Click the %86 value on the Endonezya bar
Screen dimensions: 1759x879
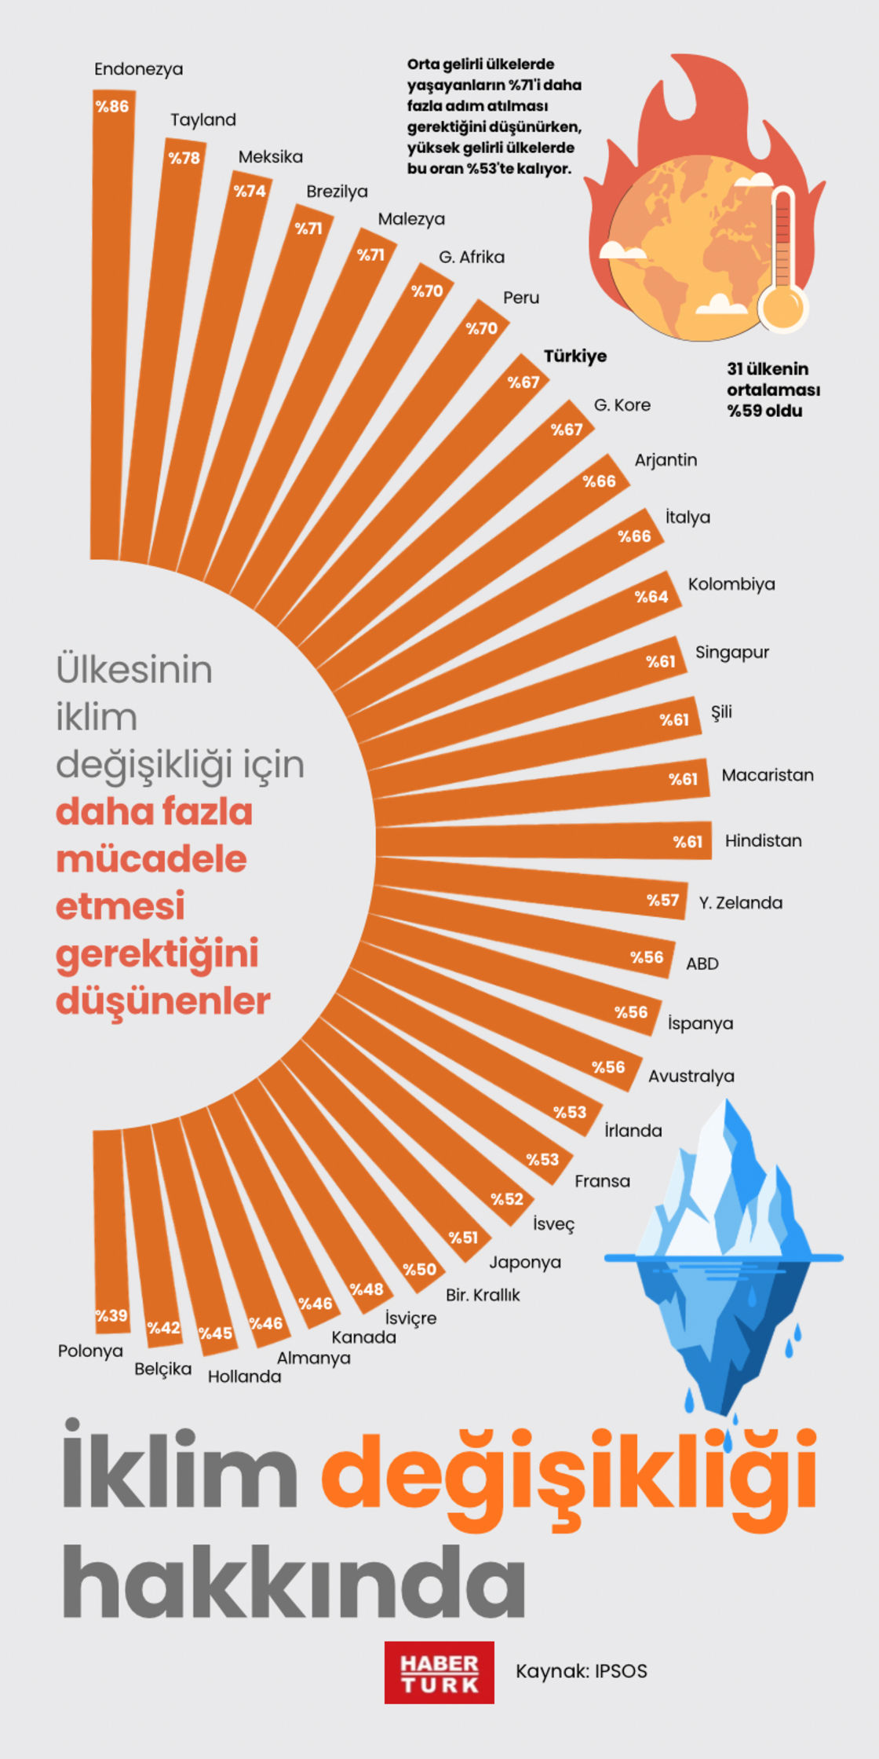[x=112, y=107]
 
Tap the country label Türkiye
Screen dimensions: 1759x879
[x=575, y=356]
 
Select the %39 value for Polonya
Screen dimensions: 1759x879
[x=111, y=1315]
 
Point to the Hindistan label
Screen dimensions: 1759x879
[x=763, y=840]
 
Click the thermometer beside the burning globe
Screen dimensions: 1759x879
[x=783, y=263]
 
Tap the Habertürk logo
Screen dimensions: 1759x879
[x=439, y=1672]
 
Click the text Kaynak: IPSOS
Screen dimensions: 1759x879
[x=581, y=1671]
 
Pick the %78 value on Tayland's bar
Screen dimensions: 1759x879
[x=184, y=158]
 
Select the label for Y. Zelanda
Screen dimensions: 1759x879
[x=740, y=902]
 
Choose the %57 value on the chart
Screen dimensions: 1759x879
[x=663, y=900]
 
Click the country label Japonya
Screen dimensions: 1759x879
[x=525, y=1262]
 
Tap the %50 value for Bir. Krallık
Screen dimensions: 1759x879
[x=420, y=1269]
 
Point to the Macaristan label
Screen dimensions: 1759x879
[x=767, y=775]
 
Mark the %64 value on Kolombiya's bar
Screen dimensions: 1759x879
[x=651, y=597]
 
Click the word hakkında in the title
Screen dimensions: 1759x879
[x=294, y=1580]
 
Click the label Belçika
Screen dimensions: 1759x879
[x=162, y=1369]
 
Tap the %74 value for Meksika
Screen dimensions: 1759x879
[x=250, y=191]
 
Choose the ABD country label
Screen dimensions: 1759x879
[x=702, y=964]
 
